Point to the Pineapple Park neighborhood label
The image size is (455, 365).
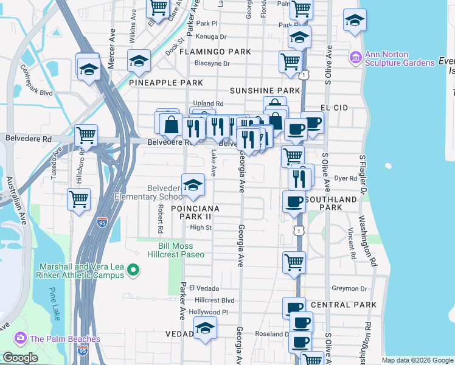tap(166, 82)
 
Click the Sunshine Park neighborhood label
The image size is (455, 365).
tap(265, 91)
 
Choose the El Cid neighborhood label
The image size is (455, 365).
tap(333, 108)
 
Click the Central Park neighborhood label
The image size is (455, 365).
tap(339, 304)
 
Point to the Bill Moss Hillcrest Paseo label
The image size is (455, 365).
tap(175, 250)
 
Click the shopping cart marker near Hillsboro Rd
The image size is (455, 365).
tap(78, 198)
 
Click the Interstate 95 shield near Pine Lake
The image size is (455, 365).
tap(83, 350)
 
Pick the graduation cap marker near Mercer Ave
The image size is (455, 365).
tap(89, 68)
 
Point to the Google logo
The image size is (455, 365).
tap(19, 358)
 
